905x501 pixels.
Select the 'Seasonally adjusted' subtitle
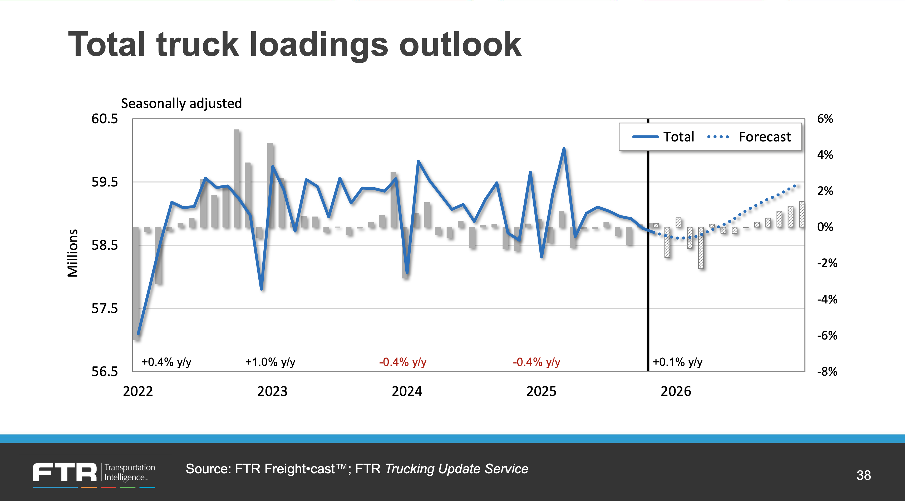181,103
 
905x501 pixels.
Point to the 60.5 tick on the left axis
105,119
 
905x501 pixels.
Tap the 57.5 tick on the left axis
105,308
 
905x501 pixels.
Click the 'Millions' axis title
73,253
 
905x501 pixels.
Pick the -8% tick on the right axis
827,371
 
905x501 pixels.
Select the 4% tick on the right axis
825,155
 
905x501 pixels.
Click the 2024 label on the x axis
407,391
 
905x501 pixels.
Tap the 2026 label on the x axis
676,391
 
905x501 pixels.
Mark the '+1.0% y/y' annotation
270,362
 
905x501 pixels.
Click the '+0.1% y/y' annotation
677,362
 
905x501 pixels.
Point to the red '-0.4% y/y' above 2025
537,362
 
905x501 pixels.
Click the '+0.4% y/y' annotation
166,362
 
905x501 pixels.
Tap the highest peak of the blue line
564,149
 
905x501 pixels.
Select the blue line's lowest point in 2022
138,334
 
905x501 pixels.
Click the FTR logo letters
65,472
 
